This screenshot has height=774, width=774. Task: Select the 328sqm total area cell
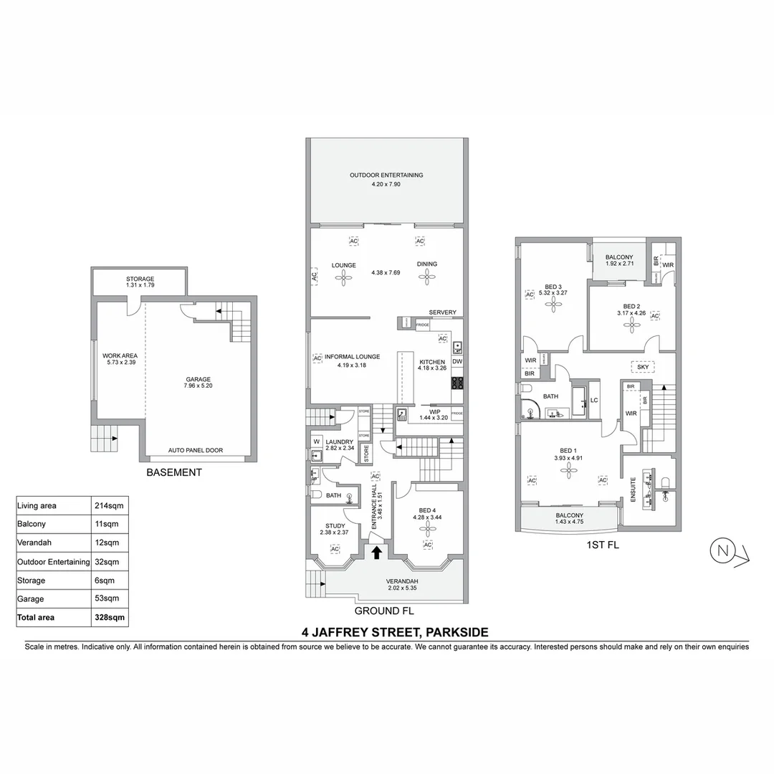pos(110,616)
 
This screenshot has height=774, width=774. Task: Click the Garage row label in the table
pos(30,598)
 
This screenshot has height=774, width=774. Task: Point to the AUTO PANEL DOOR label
pos(196,451)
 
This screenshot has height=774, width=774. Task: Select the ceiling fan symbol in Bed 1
pos(570,471)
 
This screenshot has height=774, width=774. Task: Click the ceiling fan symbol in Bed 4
pos(427,528)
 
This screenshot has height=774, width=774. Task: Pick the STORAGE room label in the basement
pos(140,279)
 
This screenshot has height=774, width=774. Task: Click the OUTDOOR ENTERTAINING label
pos(386,175)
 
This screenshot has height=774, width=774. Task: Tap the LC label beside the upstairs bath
pos(594,400)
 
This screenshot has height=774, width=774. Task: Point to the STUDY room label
pos(334,525)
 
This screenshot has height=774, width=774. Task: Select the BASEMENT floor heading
pos(174,472)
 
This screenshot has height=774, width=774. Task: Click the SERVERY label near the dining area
pos(442,312)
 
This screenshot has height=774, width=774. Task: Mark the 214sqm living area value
pos(109,505)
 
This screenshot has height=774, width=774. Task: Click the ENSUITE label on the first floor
pos(633,490)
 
